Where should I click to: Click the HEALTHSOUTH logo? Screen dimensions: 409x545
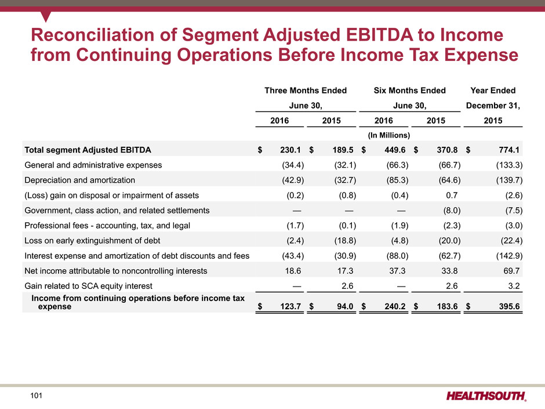[486, 396]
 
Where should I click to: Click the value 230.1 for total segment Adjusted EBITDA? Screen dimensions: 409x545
[288, 150]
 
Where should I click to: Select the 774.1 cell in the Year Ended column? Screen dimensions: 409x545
[508, 150]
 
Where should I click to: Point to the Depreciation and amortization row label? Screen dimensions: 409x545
[79, 180]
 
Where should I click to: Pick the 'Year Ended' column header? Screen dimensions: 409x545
[493, 91]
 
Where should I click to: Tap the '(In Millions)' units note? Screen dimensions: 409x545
[389, 135]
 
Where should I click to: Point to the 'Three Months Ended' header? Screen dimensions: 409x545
[306, 91]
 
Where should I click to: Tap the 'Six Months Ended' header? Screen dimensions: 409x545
[409, 91]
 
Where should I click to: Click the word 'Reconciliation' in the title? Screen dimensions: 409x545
[96, 38]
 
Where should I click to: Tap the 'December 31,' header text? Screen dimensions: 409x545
[493, 106]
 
